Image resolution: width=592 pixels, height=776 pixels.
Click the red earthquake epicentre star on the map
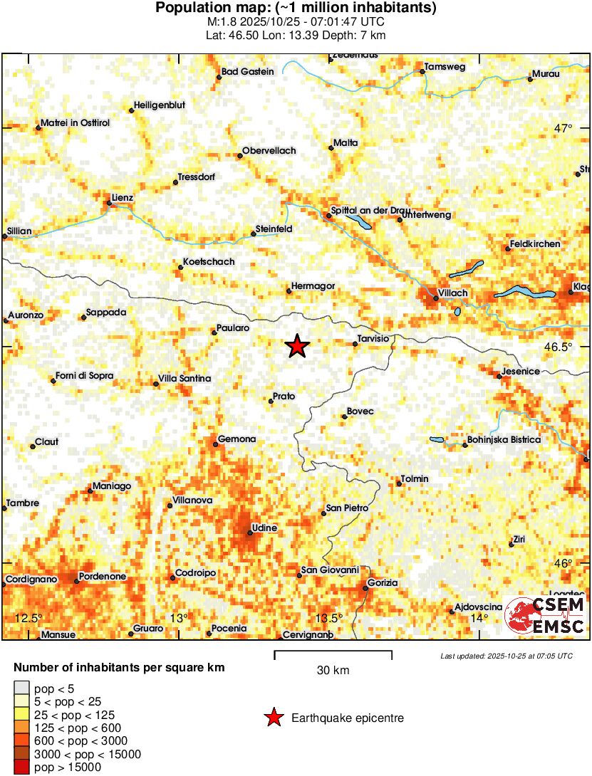coord(297,347)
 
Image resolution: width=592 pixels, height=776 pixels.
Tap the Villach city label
coord(453,293)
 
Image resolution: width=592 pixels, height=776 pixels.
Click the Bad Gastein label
coord(247,71)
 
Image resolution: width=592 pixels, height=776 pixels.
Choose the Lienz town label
coord(123,198)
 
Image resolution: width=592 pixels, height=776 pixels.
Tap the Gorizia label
coord(383,583)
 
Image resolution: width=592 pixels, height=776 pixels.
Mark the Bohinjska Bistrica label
coord(503,440)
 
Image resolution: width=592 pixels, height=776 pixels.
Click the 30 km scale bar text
coord(333,671)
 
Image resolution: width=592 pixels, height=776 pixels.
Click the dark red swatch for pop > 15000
coord(22,767)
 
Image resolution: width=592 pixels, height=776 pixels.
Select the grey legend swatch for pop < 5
coord(22,688)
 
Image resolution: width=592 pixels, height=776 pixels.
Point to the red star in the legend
coord(273,718)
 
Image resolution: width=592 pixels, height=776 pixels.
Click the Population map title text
coord(296,9)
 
